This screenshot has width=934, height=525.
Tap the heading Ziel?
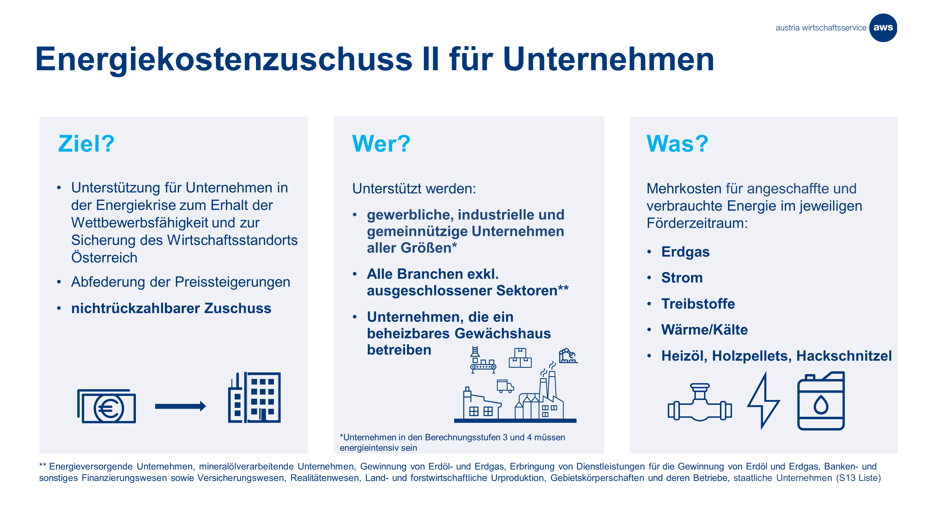pos(86,144)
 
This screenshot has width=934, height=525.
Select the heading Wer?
pos(381,143)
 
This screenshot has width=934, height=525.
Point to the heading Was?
pos(677,143)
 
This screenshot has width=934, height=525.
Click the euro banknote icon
pos(107,406)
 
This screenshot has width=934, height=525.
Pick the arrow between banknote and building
pos(180,406)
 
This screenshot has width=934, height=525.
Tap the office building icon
pos(254,397)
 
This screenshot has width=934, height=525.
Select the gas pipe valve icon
pos(700,402)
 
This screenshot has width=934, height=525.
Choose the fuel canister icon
pos(821,401)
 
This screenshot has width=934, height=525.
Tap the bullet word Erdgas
pos(685,252)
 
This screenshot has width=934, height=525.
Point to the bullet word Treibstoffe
pos(698,304)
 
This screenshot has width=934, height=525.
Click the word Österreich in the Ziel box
pos(104,258)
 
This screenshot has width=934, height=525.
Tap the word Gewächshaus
pos(502,333)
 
